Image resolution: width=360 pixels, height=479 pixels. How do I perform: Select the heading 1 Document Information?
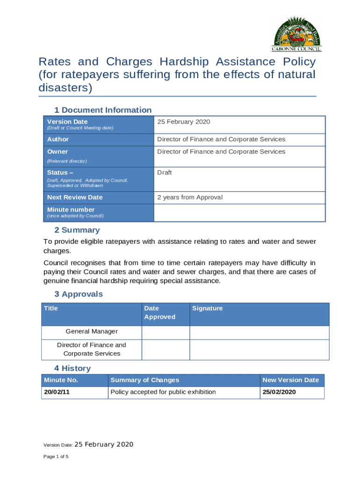click(103, 110)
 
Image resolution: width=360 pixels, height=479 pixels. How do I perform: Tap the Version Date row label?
click(67, 122)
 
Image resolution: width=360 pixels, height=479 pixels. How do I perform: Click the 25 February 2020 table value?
click(184, 122)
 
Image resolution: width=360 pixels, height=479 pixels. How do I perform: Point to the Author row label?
click(58, 139)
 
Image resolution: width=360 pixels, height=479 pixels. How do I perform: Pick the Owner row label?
click(58, 152)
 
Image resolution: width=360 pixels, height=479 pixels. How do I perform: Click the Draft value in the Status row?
click(165, 173)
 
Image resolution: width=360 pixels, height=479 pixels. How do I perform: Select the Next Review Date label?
click(75, 197)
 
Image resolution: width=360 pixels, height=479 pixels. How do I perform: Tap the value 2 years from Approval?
click(190, 197)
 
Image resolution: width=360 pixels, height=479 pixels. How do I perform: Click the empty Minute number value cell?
click(239, 213)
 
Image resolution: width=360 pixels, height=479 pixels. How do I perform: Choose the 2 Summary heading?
click(77, 230)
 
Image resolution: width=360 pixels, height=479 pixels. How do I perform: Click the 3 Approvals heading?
click(79, 294)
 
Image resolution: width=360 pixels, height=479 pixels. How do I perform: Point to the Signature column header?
click(207, 308)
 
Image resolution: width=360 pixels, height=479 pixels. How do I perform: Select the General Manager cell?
click(92, 332)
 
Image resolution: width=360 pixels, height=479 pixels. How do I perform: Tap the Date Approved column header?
click(159, 312)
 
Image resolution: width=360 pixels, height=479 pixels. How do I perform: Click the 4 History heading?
click(72, 369)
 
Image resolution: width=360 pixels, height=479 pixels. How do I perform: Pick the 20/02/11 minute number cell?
click(57, 392)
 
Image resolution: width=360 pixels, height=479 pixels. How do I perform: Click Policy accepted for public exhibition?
click(163, 392)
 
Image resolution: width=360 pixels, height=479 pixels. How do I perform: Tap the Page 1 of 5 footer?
click(56, 457)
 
